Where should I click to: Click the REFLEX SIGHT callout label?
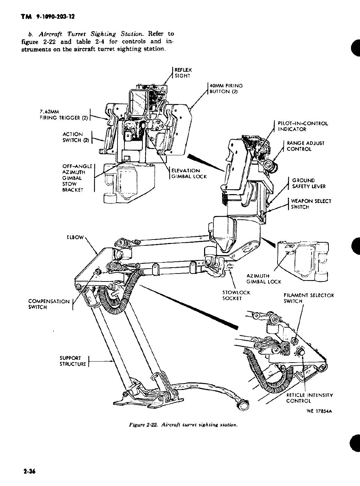[183, 73]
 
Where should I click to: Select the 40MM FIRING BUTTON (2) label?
[226, 88]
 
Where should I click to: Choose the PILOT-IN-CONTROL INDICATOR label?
[302, 126]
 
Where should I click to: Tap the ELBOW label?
[75, 237]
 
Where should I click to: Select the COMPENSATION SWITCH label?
[49, 304]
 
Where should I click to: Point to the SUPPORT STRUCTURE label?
[72, 361]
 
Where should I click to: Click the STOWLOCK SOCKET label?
[236, 295]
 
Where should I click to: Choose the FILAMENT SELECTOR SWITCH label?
[308, 298]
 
